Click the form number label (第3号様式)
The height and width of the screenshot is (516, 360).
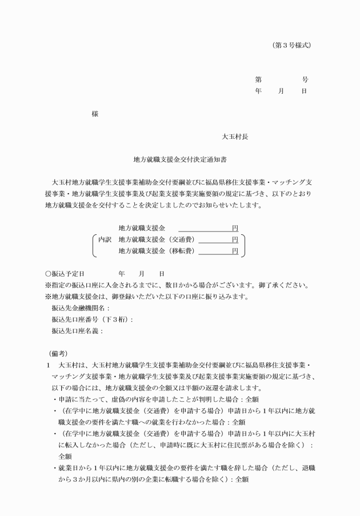(x=292, y=44)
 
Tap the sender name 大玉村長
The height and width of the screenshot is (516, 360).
(x=235, y=137)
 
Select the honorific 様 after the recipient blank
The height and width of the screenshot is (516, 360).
(x=95, y=113)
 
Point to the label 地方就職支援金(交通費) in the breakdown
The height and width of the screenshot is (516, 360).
(x=156, y=239)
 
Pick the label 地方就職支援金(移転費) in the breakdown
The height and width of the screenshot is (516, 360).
(x=156, y=250)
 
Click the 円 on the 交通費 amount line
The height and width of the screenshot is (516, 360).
(x=235, y=239)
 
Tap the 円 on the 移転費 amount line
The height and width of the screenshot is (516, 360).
(x=235, y=250)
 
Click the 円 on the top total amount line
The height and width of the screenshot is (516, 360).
(x=235, y=228)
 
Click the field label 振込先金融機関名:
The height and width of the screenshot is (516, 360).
(x=81, y=308)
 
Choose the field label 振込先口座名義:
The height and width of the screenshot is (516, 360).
(x=77, y=330)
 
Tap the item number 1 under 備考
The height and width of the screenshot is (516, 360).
(x=48, y=365)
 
